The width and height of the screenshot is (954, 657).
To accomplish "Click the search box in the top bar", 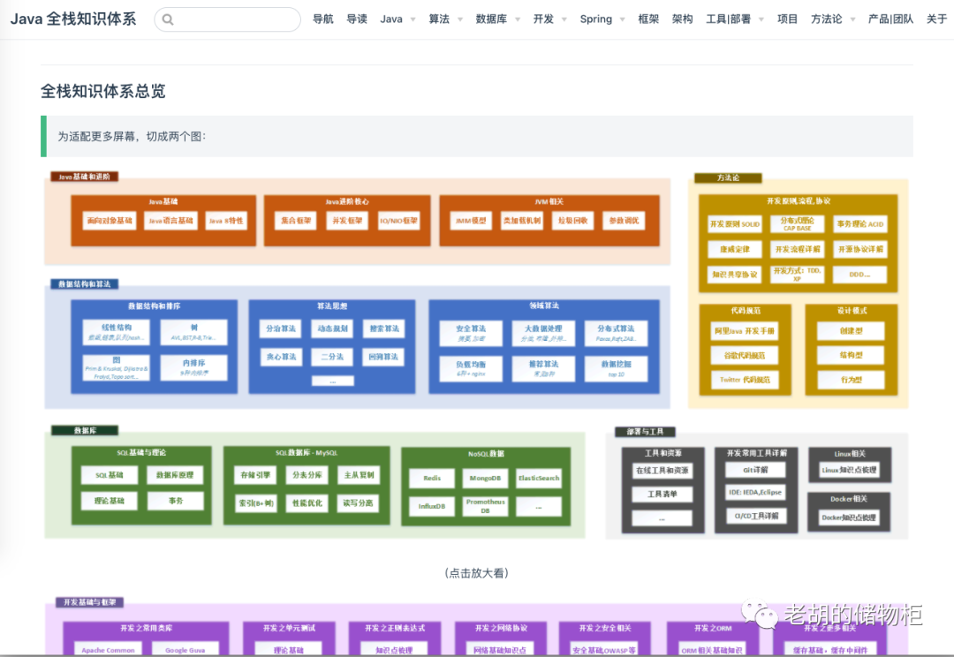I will (228, 19).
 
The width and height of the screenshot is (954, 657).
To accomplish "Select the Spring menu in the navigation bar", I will (596, 19).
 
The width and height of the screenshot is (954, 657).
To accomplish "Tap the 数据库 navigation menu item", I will (491, 19).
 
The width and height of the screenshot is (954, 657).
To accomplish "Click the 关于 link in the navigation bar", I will (936, 19).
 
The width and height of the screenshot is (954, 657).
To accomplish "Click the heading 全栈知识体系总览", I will (103, 91).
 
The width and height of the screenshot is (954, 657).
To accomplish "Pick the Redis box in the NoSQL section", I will (432, 479).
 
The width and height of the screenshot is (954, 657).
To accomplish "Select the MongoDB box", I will (485, 479).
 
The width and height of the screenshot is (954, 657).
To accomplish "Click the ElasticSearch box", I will (539, 479).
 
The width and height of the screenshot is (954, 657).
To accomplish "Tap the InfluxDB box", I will (432, 506).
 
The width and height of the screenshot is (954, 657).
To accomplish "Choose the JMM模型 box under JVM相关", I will (470, 221).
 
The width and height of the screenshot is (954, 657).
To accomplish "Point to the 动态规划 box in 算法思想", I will (332, 328).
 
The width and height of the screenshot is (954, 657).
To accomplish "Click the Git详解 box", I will (755, 470).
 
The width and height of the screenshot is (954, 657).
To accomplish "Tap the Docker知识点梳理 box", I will (848, 517).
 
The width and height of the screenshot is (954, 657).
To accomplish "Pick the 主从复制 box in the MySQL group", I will (359, 475).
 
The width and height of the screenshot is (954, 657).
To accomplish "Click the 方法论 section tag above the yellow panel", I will (728, 177).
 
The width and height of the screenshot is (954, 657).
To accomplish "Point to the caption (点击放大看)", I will (477, 573).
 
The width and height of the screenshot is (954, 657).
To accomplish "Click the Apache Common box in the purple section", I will (108, 650).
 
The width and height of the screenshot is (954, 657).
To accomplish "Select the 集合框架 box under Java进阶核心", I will (296, 221).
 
